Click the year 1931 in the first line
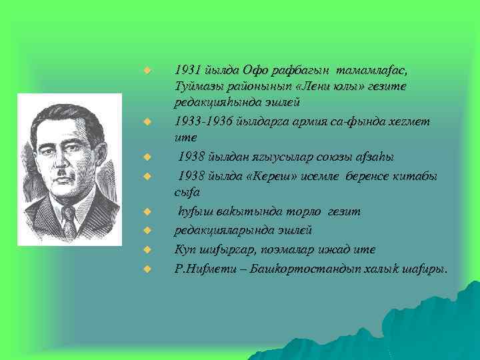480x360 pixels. (185, 70)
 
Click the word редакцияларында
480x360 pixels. (217, 229)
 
